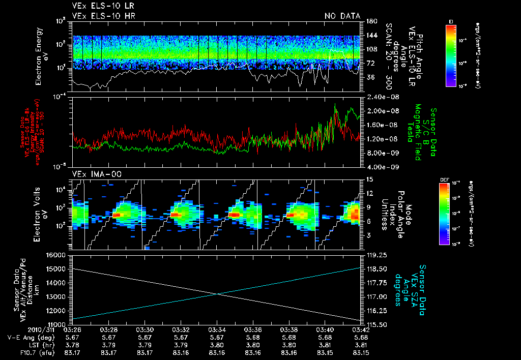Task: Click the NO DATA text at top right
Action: (x=342, y=16)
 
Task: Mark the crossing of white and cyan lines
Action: (x=218, y=293)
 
